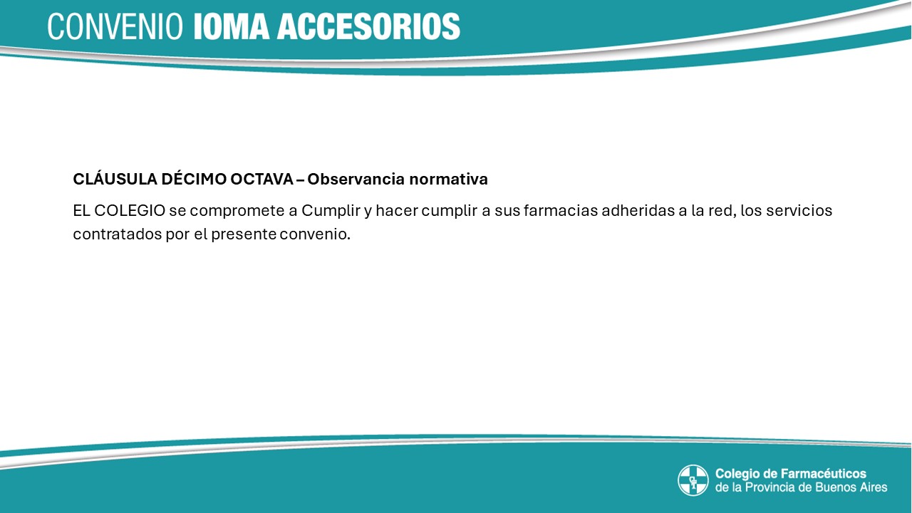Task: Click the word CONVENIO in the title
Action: click(115, 26)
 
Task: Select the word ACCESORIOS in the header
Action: click(368, 26)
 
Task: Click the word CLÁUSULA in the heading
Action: click(115, 179)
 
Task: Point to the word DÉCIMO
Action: click(194, 179)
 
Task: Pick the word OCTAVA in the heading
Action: click(261, 180)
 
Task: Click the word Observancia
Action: click(356, 180)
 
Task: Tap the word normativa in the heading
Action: click(448, 180)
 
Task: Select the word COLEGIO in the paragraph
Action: click(130, 211)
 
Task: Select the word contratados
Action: click(118, 234)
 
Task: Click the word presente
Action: click(244, 235)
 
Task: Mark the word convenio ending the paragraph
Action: click(315, 234)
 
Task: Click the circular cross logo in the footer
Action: click(693, 480)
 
